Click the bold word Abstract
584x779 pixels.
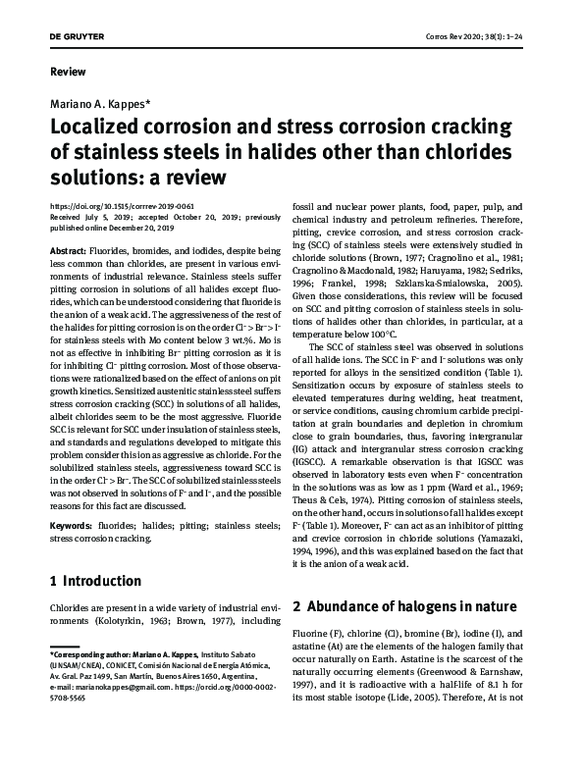click(x=69, y=252)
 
